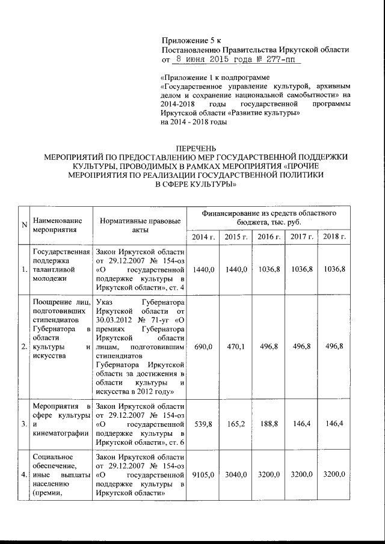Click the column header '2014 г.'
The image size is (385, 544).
tap(203, 237)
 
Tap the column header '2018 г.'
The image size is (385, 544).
tap(334, 237)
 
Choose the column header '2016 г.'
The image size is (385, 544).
tap(269, 237)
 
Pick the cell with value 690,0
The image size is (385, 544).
tap(203, 347)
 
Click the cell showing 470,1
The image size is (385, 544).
tap(236, 347)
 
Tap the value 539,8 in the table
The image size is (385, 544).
tap(203, 424)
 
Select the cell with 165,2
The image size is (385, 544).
tap(236, 424)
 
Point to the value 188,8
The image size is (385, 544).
tap(269, 424)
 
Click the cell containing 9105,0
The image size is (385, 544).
tap(203, 475)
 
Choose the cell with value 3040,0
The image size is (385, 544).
tap(236, 475)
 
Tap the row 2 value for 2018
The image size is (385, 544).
tap(334, 347)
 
